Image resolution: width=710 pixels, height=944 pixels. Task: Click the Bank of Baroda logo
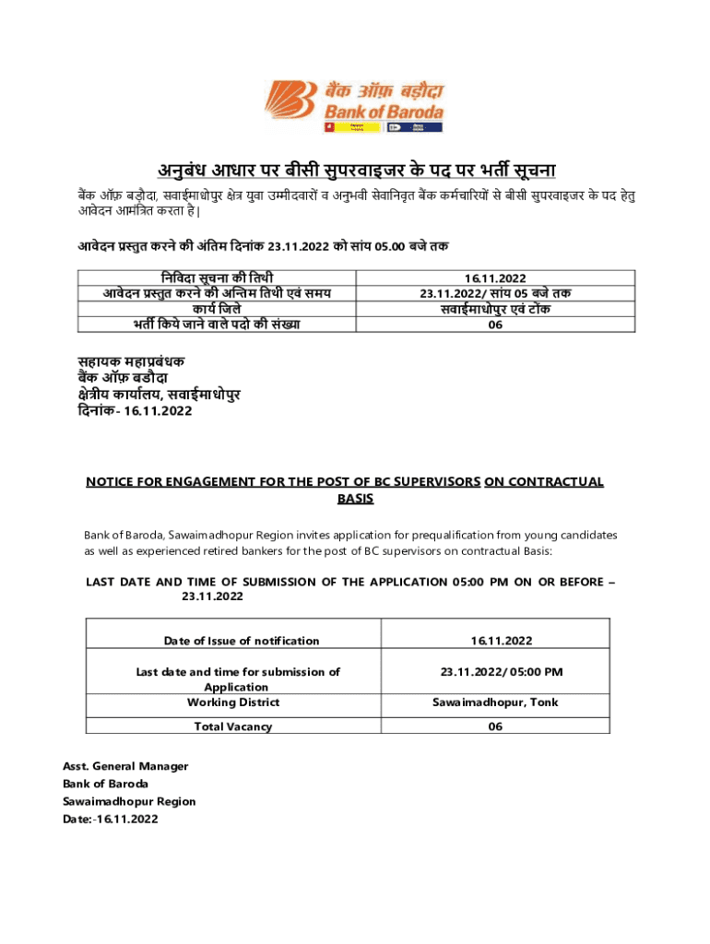click(x=355, y=105)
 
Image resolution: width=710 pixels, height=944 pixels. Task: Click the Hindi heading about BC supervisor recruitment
click(x=355, y=171)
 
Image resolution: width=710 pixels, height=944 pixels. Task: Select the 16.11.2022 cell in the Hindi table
click(x=495, y=277)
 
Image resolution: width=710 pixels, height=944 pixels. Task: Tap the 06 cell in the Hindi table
click(x=495, y=324)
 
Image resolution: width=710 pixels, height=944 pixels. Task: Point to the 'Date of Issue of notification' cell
click(x=242, y=641)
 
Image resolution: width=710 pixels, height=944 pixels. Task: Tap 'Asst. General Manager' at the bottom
click(x=125, y=766)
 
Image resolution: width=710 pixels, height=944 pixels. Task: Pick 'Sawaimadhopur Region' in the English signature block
click(x=129, y=801)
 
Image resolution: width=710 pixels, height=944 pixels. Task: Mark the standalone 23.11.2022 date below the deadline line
click(x=212, y=597)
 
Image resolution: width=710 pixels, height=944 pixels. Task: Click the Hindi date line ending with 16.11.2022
click(x=134, y=411)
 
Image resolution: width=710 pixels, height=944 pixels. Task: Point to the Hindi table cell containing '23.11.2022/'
click(x=495, y=293)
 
